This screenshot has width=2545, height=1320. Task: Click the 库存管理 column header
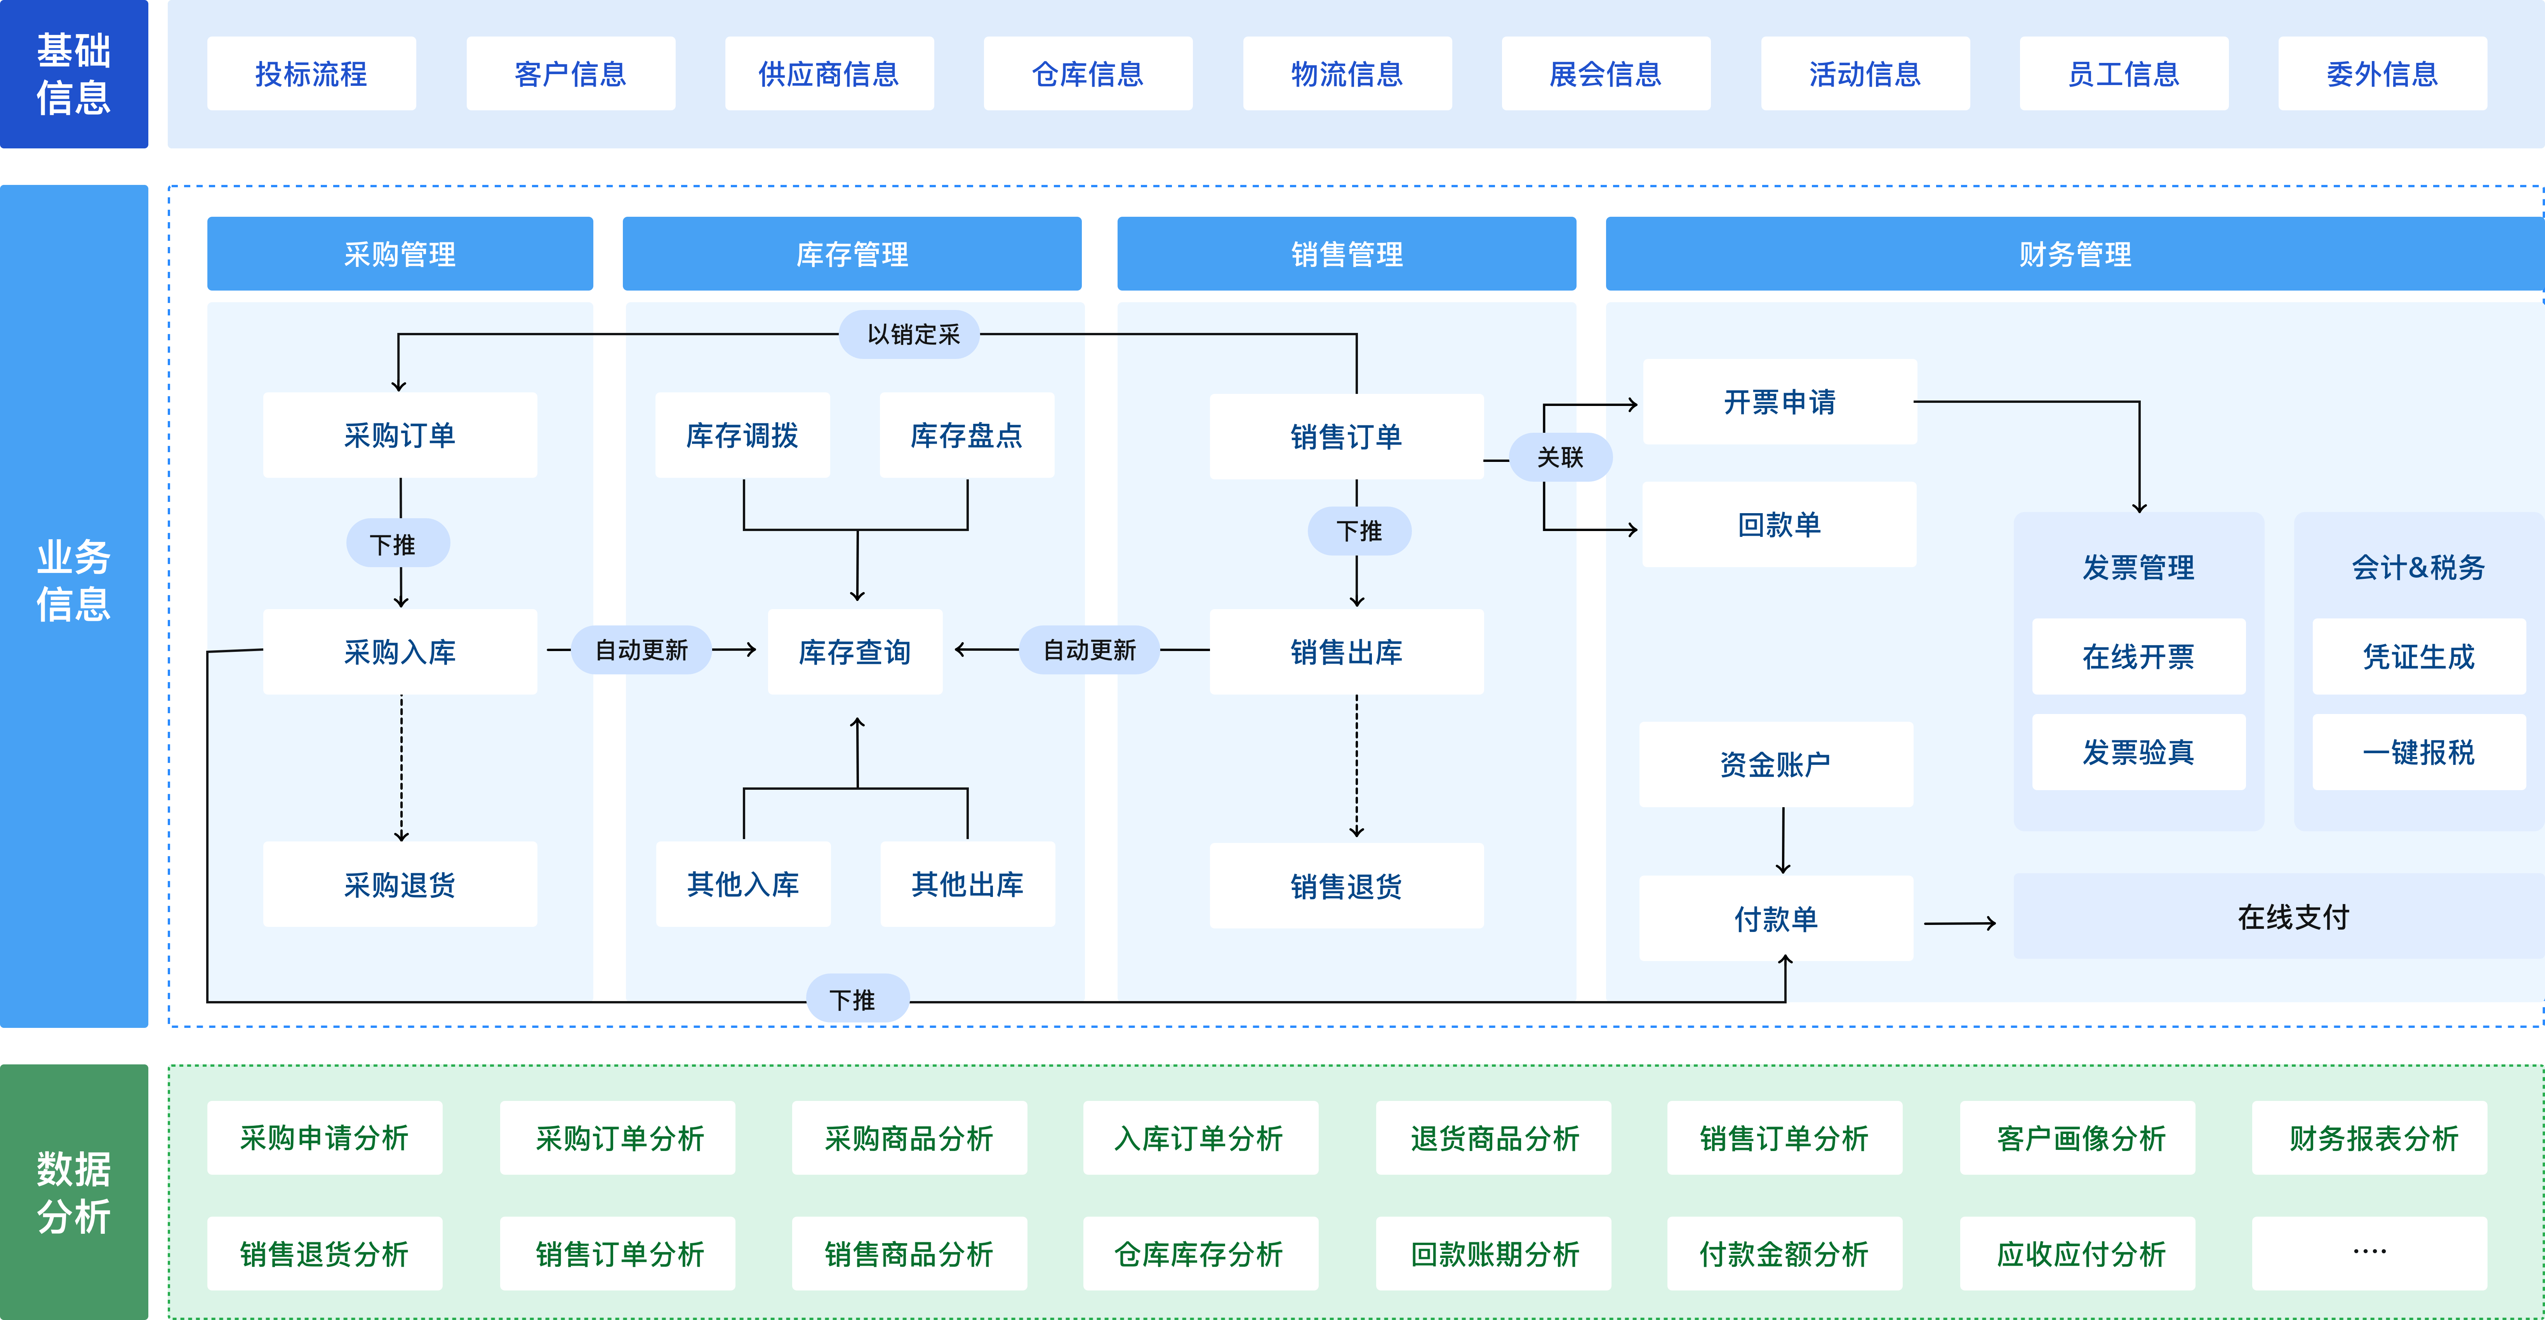[852, 254]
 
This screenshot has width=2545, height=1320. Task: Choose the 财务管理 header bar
[2075, 254]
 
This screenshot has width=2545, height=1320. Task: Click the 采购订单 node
[400, 436]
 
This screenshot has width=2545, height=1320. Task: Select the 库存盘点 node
[966, 436]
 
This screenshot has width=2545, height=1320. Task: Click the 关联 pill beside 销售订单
[1560, 458]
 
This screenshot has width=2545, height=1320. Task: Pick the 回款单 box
[1778, 525]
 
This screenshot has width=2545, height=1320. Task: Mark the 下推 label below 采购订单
[397, 544]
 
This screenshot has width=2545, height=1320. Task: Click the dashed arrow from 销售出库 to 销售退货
[1356, 766]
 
